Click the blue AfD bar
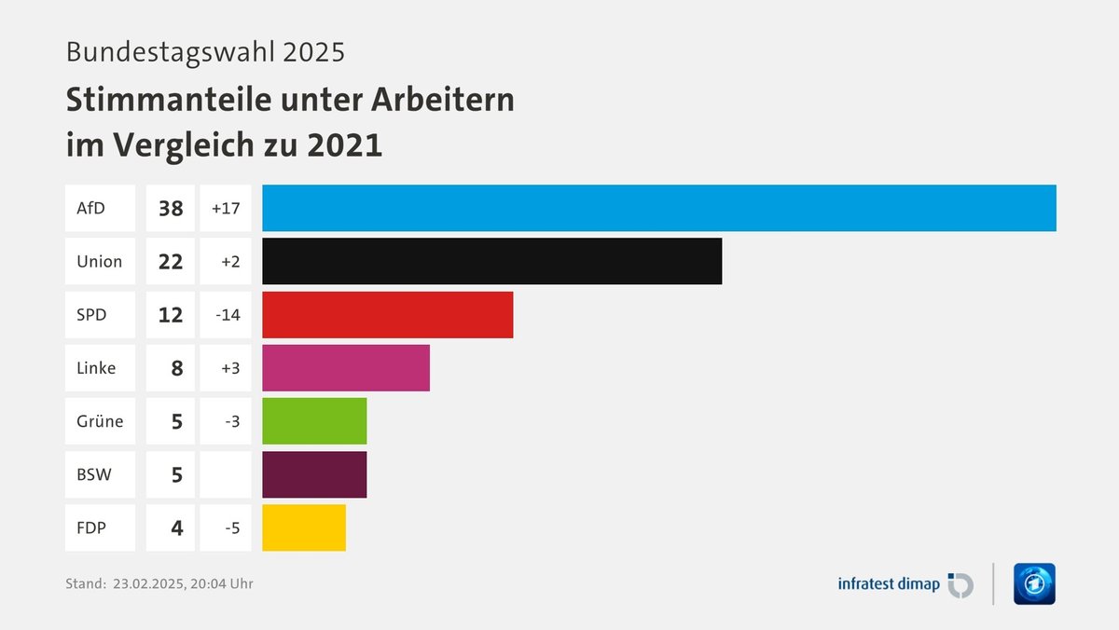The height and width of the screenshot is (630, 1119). pyautogui.click(x=658, y=208)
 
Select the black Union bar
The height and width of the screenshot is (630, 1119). pyautogui.click(x=491, y=261)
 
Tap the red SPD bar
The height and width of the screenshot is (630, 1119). pyautogui.click(x=387, y=314)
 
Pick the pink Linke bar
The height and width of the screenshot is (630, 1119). pyautogui.click(x=345, y=367)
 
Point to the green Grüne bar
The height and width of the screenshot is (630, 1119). pyautogui.click(x=314, y=420)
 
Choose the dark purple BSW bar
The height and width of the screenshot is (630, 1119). pyautogui.click(x=314, y=474)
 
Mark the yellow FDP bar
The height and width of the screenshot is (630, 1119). pyautogui.click(x=303, y=527)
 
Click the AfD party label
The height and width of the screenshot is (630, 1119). pyautogui.click(x=91, y=208)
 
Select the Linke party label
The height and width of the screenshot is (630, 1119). pyautogui.click(x=96, y=367)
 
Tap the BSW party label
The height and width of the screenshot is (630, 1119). pyautogui.click(x=94, y=474)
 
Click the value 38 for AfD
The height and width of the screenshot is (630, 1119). pyautogui.click(x=171, y=208)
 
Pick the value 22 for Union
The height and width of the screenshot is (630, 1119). pyautogui.click(x=171, y=261)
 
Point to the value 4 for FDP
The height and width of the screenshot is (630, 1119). pyautogui.click(x=176, y=527)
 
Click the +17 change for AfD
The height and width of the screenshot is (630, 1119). pyautogui.click(x=226, y=208)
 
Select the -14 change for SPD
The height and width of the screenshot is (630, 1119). pyautogui.click(x=227, y=314)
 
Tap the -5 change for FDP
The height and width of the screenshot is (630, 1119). pyautogui.click(x=232, y=527)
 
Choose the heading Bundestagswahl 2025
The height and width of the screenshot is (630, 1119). pyautogui.click(x=205, y=51)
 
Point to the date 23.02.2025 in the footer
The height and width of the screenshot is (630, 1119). pyautogui.click(x=147, y=584)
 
